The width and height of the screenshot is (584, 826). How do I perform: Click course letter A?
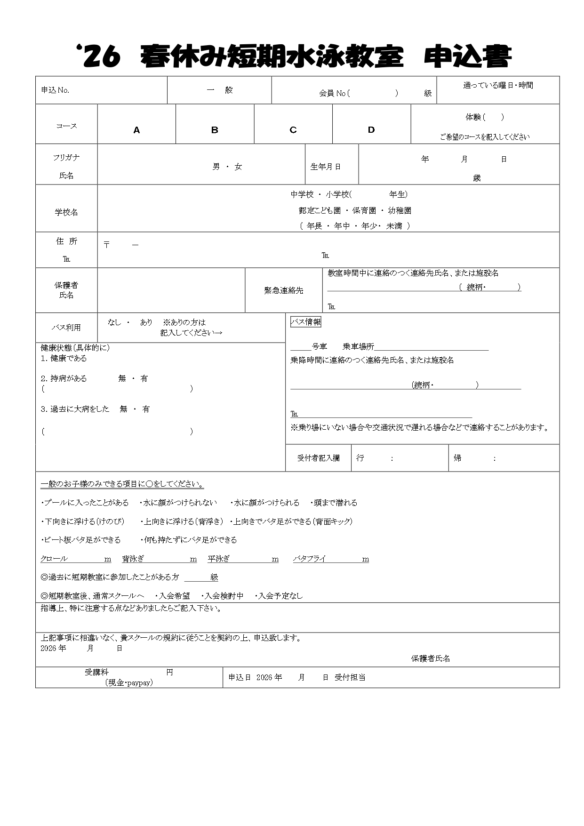point(136,130)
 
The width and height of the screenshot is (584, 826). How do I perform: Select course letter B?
point(215,130)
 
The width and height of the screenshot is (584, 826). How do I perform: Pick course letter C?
point(293,130)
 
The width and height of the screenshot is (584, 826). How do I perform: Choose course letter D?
point(371,130)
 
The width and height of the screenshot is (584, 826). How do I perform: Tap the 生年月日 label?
point(325,167)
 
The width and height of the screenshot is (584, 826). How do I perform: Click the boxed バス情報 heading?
point(306,322)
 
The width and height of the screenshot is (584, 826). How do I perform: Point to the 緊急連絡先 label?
point(283,291)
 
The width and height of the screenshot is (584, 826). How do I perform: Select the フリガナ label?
point(66,158)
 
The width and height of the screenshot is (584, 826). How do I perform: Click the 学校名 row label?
point(66,212)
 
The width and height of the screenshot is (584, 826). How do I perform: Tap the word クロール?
point(54,559)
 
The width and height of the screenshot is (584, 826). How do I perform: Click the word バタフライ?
point(310,559)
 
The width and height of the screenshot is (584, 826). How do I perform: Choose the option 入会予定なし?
point(281,596)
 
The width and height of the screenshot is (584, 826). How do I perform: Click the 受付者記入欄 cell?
point(318,458)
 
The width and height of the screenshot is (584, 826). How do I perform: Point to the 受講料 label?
point(96,673)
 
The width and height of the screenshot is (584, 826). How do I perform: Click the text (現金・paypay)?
point(129,682)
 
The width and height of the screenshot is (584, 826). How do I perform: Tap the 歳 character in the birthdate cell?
point(477,178)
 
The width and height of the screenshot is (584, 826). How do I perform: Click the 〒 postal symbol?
point(107,245)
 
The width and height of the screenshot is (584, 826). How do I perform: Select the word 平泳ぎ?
point(219,559)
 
